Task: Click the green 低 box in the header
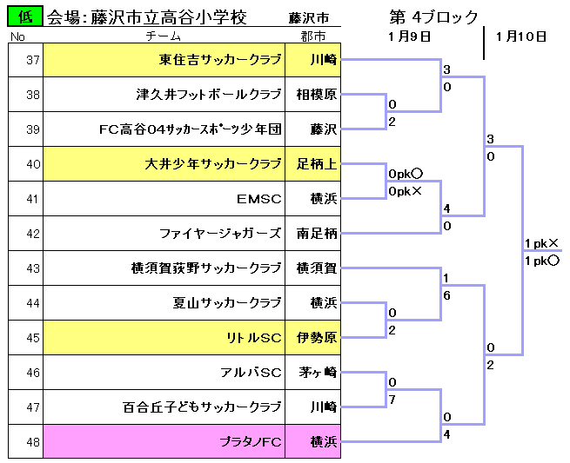25,17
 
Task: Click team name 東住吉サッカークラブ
220,60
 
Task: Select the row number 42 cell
26,234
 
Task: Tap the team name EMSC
259,199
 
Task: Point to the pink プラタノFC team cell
164,441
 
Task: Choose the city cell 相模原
313,95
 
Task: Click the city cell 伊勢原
313,338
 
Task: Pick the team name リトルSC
254,338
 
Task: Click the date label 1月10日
521,36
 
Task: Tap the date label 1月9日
410,36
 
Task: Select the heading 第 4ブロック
433,17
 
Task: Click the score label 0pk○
406,175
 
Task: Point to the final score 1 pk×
541,243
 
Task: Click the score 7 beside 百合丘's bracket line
392,400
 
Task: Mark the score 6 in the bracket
446,295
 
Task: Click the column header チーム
164,36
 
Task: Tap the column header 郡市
313,36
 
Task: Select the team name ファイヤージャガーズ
220,234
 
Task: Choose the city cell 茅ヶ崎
313,373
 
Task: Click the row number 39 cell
26,129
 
